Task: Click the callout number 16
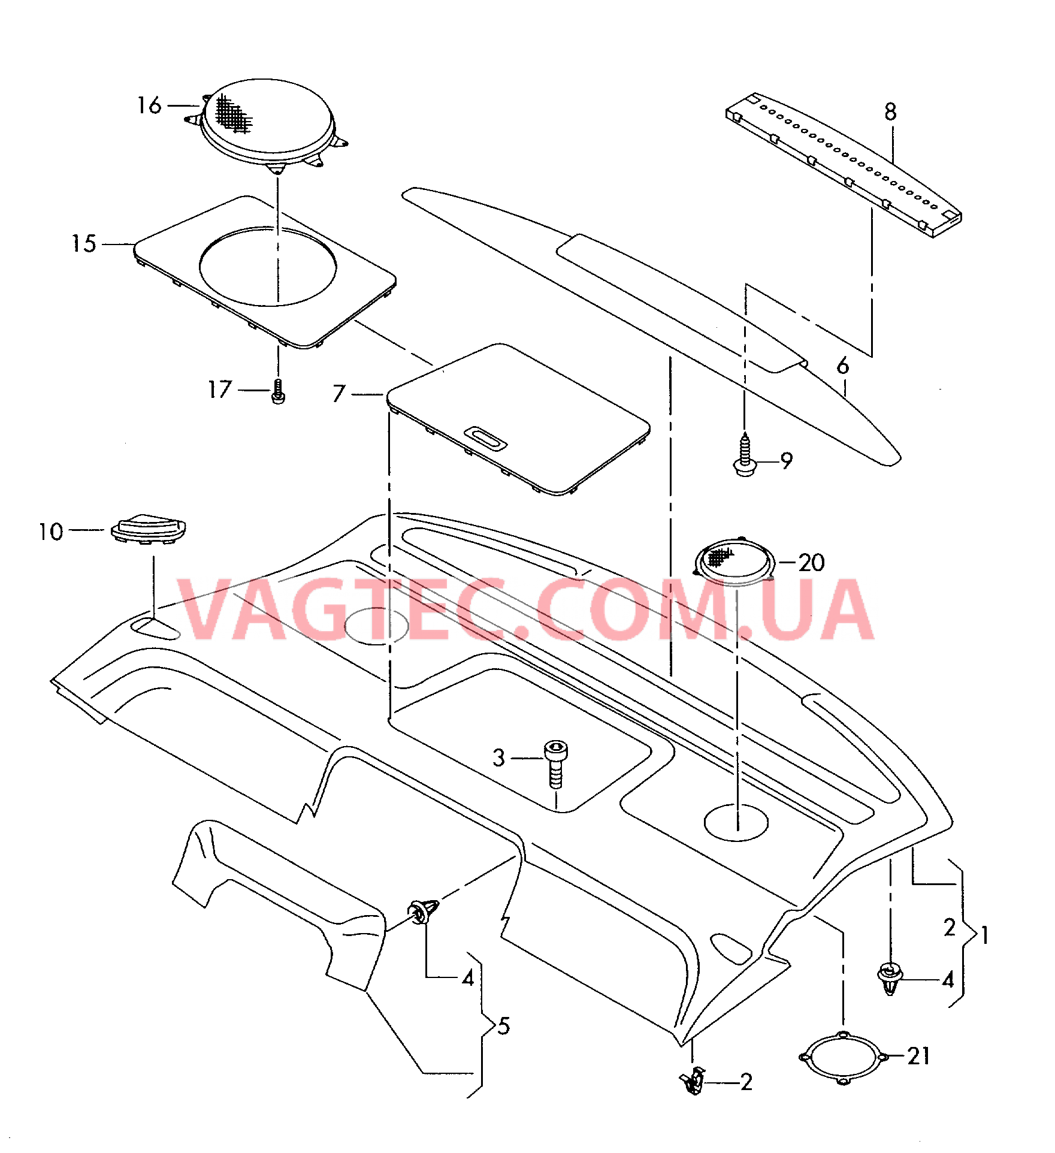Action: click(149, 105)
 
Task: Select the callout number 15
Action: click(84, 243)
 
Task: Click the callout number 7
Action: click(339, 394)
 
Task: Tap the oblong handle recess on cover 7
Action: click(485, 437)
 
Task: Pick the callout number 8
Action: click(890, 112)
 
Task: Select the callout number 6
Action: click(843, 366)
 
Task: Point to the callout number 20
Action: click(812, 563)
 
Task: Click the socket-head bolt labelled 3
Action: click(556, 764)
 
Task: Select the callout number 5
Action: click(504, 1026)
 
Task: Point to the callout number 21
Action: click(918, 1056)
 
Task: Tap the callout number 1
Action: click(984, 935)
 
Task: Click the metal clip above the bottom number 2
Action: click(693, 1081)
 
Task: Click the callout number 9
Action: click(787, 461)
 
